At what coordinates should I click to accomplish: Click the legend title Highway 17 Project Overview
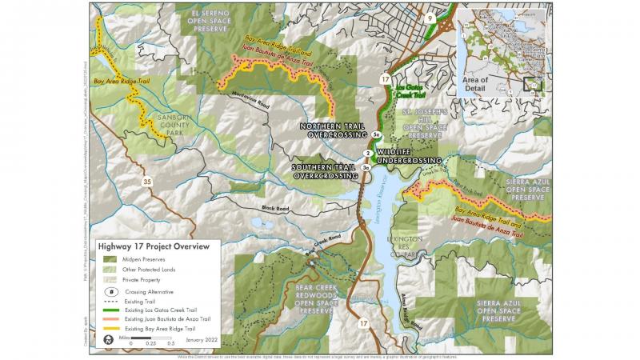pos(154,246)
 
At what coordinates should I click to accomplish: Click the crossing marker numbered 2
pos(367,153)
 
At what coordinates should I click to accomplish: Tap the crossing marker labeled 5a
pos(375,135)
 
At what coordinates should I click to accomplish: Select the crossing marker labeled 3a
pos(366,168)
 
